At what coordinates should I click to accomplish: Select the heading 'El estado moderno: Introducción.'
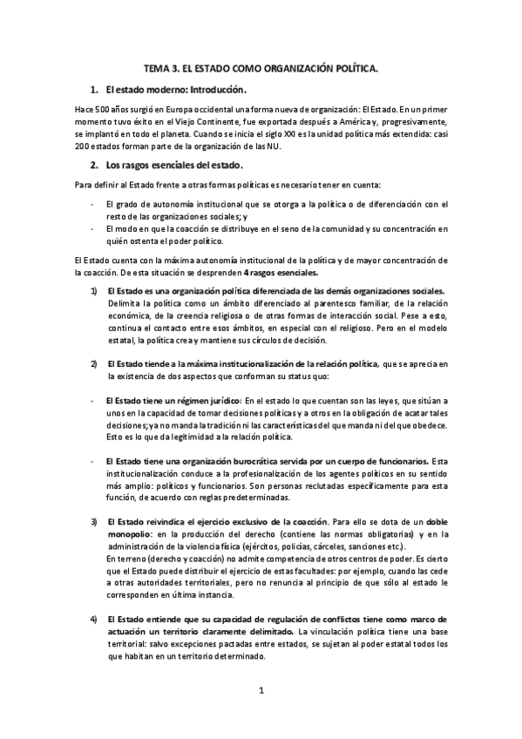pyautogui.click(x=175, y=90)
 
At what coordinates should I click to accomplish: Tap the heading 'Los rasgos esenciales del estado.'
pyautogui.click(x=173, y=165)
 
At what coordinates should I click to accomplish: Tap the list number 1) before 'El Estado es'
pyautogui.click(x=93, y=290)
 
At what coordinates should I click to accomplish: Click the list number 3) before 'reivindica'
pyautogui.click(x=93, y=521)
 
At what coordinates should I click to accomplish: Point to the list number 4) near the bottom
pyautogui.click(x=93, y=619)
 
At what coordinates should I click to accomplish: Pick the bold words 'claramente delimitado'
pyautogui.click(x=249, y=631)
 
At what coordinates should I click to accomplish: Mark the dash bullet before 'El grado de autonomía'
pyautogui.click(x=93, y=203)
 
